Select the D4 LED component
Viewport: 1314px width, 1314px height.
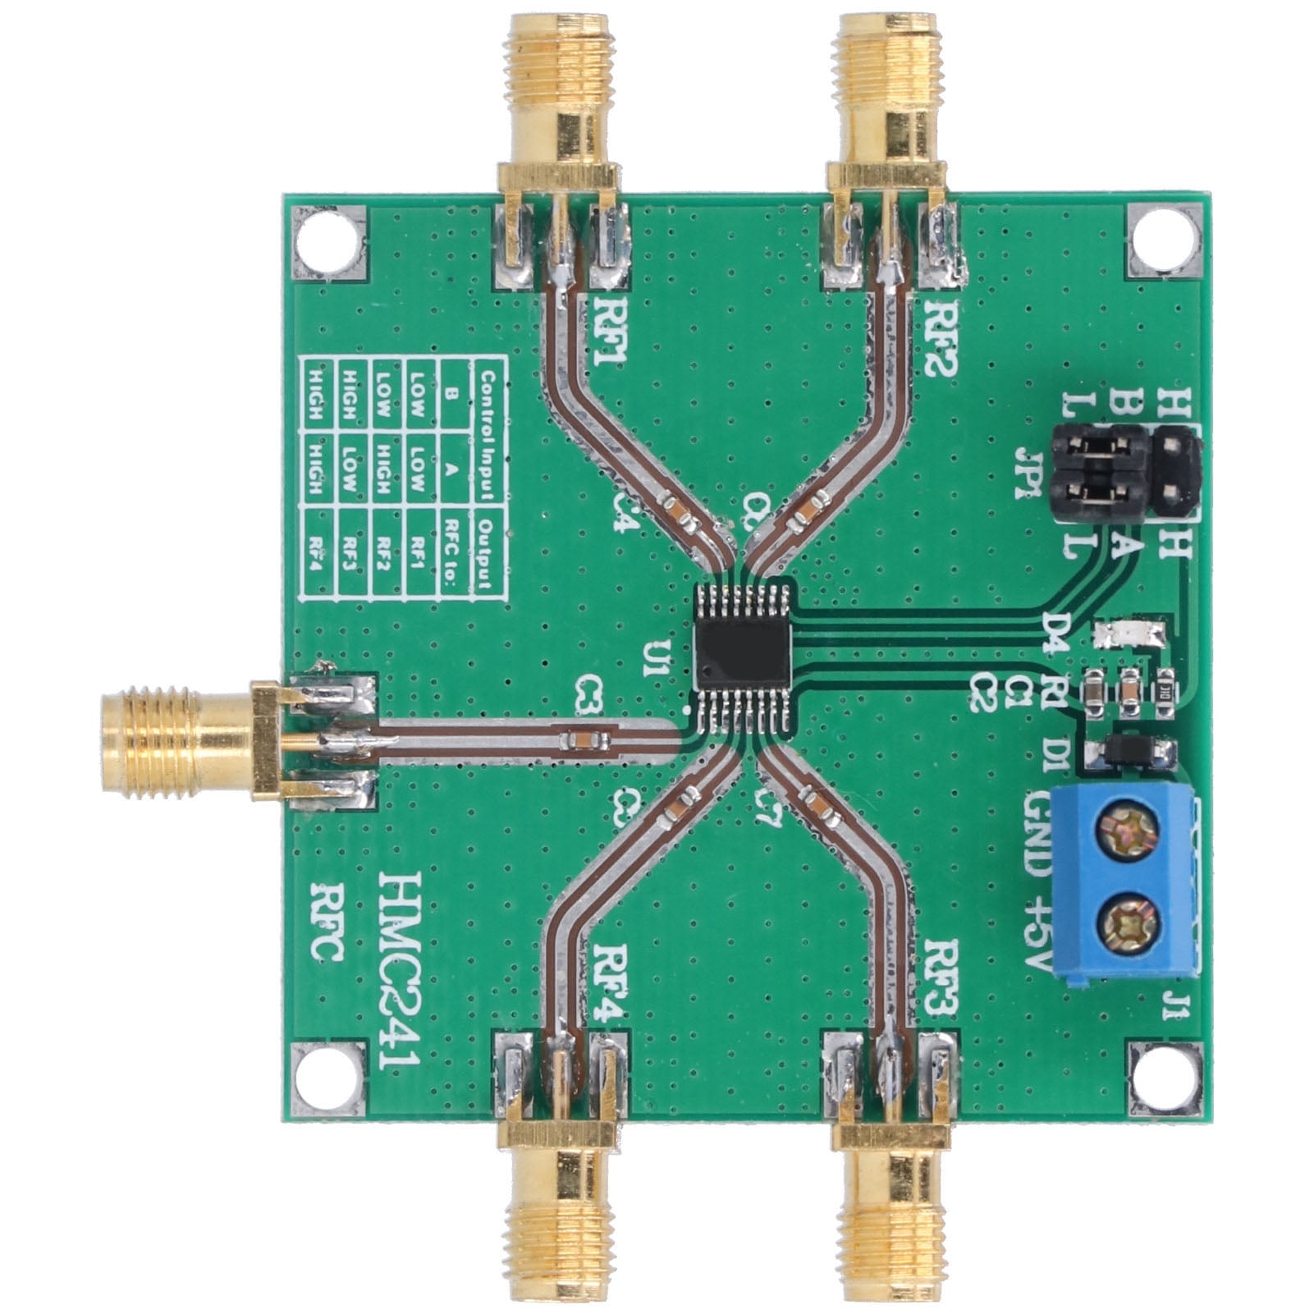pos(1130,633)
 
